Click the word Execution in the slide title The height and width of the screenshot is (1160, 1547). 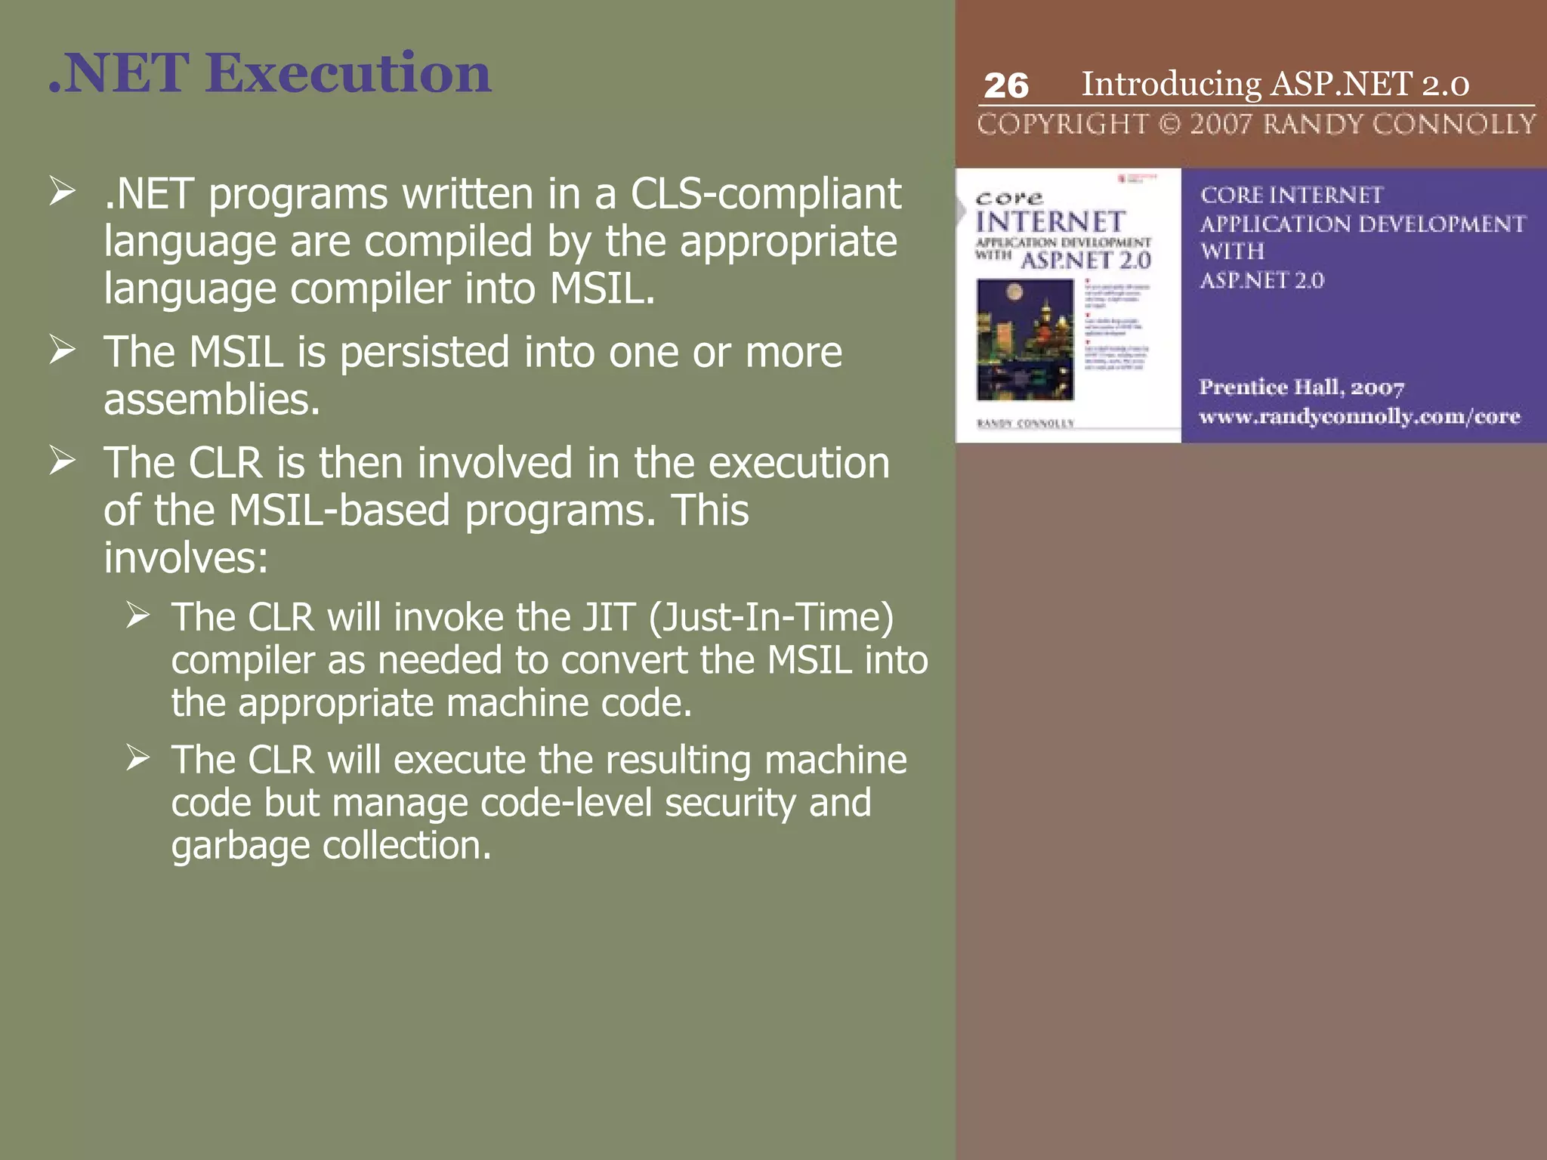coord(348,73)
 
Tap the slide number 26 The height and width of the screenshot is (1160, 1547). coord(1005,86)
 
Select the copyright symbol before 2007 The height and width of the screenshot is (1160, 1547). coord(1169,124)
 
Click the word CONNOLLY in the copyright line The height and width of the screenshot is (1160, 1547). coord(1454,124)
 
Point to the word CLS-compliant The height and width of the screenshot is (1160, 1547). coord(765,195)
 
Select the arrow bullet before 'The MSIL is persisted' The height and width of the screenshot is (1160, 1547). coord(62,350)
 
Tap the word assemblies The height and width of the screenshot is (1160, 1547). coord(212,400)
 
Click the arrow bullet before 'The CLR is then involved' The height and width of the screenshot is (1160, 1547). coord(62,460)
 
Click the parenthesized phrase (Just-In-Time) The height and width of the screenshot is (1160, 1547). coord(771,617)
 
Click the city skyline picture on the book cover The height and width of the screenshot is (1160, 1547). coord(1024,339)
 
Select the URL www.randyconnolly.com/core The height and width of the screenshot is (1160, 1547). coord(1359,416)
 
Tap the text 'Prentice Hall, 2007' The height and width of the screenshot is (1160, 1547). coord(1301,387)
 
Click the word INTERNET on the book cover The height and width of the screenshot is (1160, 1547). coord(1050,222)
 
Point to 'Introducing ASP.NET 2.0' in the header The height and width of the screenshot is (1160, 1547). coord(1275,84)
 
